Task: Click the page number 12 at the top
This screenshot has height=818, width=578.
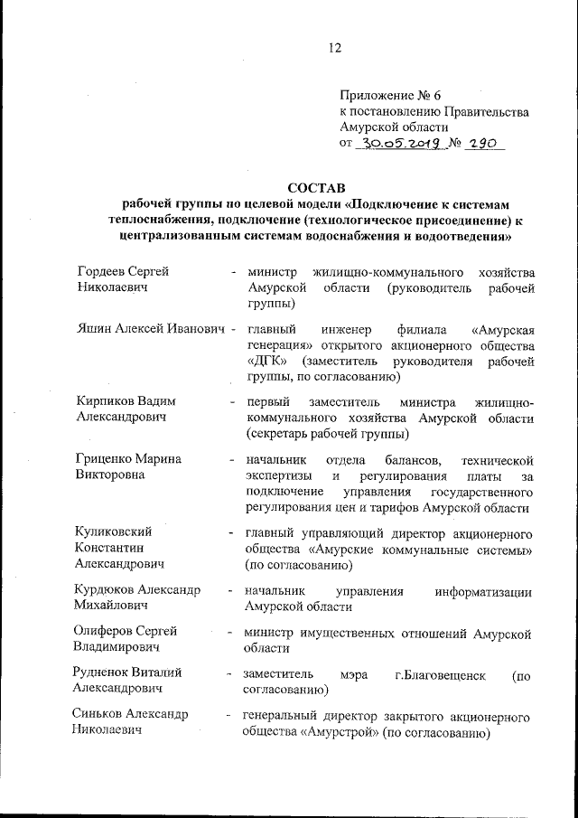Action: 335,49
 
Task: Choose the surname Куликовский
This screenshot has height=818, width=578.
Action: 113,531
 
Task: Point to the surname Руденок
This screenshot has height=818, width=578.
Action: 101,672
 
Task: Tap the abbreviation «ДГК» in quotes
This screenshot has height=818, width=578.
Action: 265,361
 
